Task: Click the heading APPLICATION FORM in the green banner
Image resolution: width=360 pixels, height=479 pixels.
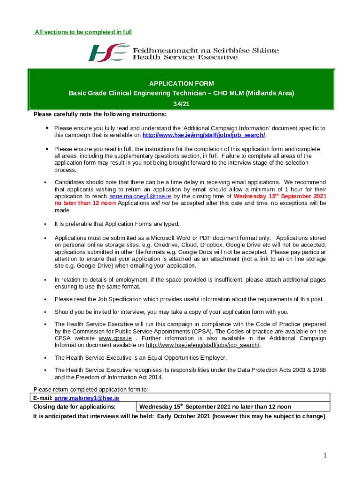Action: [x=181, y=84]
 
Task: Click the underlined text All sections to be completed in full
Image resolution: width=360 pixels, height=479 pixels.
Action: [x=83, y=32]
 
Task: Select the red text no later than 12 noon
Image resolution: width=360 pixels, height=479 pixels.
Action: [x=85, y=203]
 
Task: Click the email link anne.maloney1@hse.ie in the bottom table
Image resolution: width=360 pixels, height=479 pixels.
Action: [x=86, y=398]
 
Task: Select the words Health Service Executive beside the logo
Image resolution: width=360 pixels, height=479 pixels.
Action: [x=185, y=58]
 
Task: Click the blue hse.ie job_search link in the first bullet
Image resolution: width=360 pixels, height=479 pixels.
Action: [x=203, y=135]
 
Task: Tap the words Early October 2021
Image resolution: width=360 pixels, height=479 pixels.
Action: [x=183, y=416]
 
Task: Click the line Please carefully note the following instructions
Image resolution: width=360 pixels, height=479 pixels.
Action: [x=100, y=115]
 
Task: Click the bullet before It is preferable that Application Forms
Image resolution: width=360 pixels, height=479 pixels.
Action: [x=45, y=225]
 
